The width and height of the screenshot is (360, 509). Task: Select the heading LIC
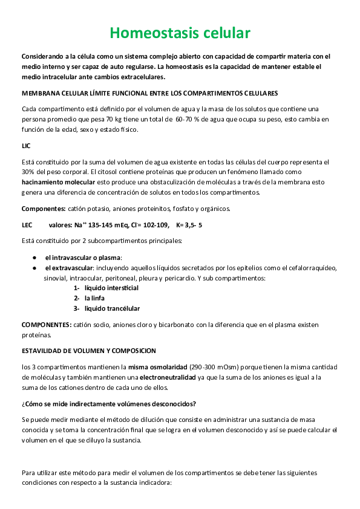pyautogui.click(x=27, y=146)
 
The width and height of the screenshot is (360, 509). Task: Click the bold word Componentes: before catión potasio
pyautogui.click(x=44, y=209)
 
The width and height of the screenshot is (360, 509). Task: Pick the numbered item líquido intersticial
pyautogui.click(x=111, y=288)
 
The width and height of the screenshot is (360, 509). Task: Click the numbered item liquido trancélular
pyautogui.click(x=112, y=308)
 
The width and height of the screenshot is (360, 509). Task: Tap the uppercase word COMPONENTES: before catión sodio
pyautogui.click(x=46, y=325)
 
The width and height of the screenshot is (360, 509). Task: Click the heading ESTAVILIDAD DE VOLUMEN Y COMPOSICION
pyautogui.click(x=88, y=351)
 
